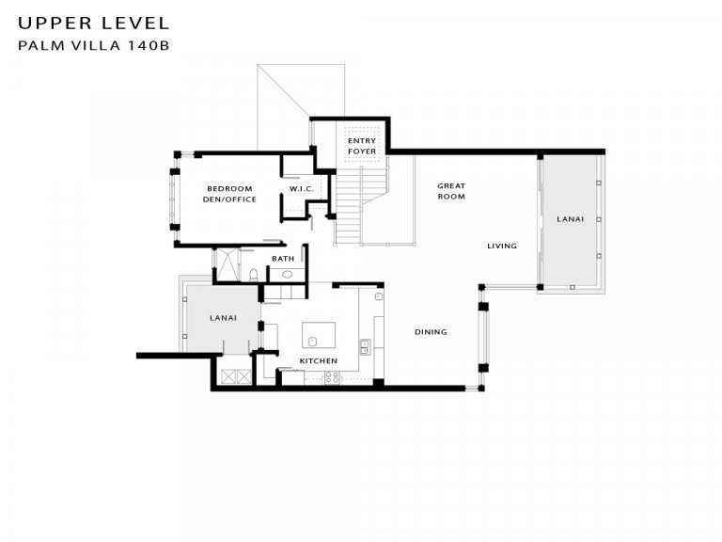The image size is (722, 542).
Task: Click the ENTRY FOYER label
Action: pos(361,146)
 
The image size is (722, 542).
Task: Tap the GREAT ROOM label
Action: pos(451,191)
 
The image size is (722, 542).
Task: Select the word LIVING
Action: pos(502,247)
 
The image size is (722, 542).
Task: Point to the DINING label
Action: pos(431,332)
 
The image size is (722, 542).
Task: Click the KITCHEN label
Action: pos(318,361)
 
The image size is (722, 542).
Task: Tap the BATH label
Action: pos(283,259)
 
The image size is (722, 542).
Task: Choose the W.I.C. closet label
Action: pos(302,189)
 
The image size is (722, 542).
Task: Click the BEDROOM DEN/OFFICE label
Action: pos(229,194)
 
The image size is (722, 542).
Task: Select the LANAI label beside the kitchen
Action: pos(223,318)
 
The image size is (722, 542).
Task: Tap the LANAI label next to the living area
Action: pos(570,219)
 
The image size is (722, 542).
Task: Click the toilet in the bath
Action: pos(253,275)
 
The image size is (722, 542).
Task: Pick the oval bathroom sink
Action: pos(288,275)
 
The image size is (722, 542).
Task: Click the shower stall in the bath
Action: pos(228,264)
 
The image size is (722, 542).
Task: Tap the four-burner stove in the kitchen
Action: pos(332,378)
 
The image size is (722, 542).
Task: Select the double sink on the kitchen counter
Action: pos(365,346)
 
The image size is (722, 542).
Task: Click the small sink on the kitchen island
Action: pos(313,342)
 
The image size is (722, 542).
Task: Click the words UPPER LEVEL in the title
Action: pos(94,23)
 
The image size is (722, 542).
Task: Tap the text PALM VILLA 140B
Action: pos(94,45)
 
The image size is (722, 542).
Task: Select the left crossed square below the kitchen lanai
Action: pos(228,376)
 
